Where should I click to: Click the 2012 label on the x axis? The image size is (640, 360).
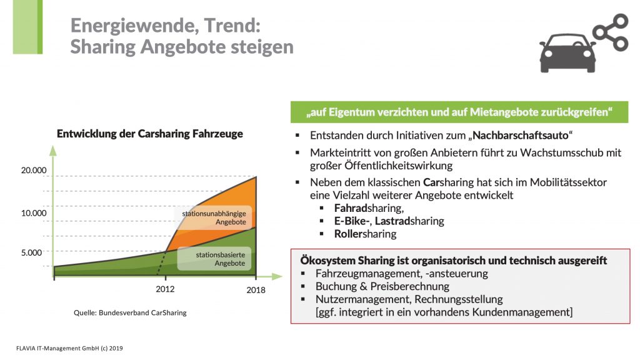click(166, 289)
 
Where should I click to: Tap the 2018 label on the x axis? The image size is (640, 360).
click(255, 290)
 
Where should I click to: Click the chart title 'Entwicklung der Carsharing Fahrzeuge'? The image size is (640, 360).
click(150, 134)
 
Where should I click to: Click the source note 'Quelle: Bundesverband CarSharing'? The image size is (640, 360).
click(131, 313)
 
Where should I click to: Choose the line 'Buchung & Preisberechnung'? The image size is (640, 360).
click(382, 286)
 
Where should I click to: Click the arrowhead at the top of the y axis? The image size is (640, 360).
click(52, 150)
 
